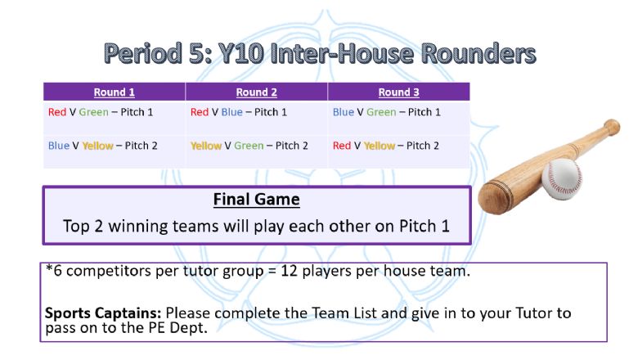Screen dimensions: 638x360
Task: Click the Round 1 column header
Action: [115, 92]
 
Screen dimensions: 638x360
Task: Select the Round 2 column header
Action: [257, 92]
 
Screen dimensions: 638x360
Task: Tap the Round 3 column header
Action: [399, 92]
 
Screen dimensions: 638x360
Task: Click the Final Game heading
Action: [257, 200]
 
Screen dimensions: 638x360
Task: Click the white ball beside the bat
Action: [562, 178]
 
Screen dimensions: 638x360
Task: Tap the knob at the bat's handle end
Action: [612, 127]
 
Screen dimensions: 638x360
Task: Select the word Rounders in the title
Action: [478, 53]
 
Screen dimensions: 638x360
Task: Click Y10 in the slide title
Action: [240, 53]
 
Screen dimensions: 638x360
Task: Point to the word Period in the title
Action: [143, 54]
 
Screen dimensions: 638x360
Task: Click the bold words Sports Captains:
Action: [103, 313]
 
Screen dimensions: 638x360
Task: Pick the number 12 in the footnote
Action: [290, 271]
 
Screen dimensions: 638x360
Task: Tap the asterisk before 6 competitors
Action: [49, 268]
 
